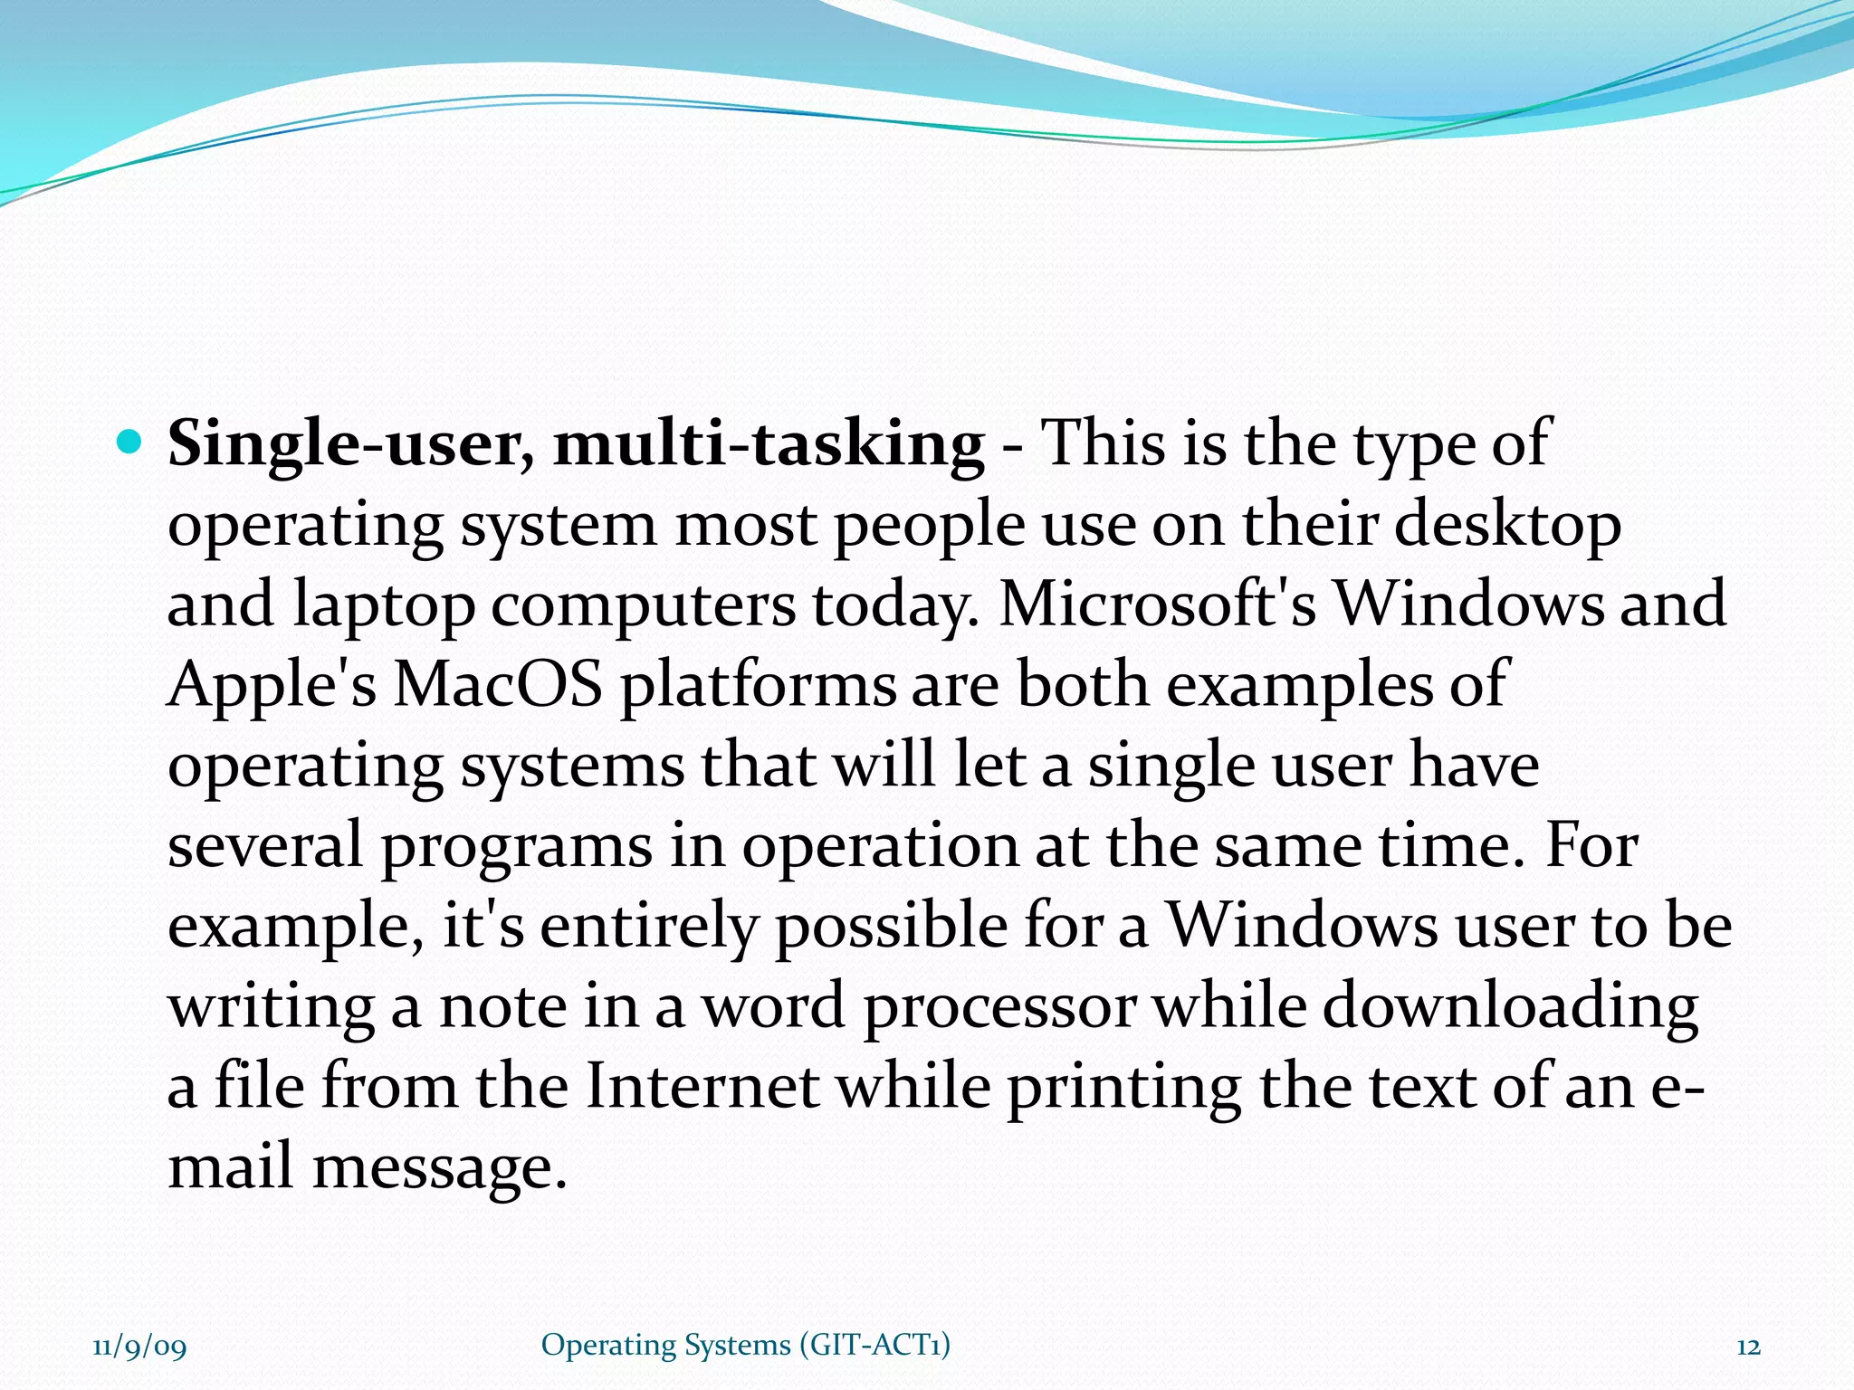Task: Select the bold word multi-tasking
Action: [x=769, y=445]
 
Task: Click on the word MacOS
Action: [x=498, y=684]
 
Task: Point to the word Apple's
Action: [x=272, y=684]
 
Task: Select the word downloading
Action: [x=1510, y=1006]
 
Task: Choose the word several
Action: [x=264, y=845]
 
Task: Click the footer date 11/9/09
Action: [x=139, y=1347]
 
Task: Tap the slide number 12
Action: [x=1748, y=1347]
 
